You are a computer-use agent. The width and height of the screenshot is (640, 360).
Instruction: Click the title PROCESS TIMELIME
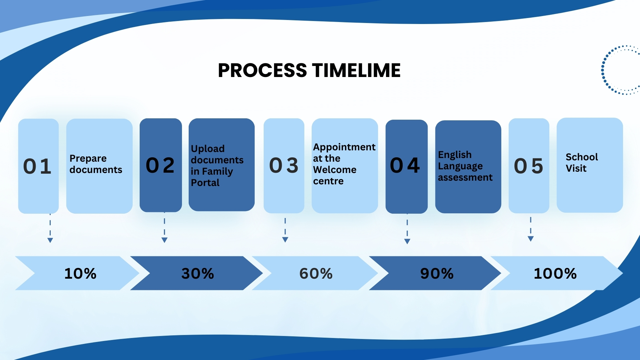[309, 70]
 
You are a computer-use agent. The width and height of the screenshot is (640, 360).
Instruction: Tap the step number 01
[37, 166]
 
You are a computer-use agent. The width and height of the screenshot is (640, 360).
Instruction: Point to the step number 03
[284, 165]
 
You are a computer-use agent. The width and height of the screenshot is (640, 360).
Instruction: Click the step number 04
[405, 165]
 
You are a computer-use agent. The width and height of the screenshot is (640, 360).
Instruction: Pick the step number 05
[529, 166]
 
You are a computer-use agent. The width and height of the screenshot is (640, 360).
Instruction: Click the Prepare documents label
[96, 164]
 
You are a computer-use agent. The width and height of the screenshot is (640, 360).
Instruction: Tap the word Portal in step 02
[205, 183]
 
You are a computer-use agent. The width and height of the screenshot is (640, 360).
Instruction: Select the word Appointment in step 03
[344, 147]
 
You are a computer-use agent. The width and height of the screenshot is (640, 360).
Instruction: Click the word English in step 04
[455, 155]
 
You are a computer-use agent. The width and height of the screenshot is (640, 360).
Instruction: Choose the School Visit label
[582, 163]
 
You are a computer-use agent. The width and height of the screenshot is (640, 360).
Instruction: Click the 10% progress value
[80, 273]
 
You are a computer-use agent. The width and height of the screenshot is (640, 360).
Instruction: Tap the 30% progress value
[198, 273]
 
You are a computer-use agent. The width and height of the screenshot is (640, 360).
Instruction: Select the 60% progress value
[316, 273]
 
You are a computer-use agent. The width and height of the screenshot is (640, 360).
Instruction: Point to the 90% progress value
[437, 273]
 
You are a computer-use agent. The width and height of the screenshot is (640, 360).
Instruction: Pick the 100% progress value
[555, 273]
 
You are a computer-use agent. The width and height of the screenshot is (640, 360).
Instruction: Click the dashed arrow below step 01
[50, 230]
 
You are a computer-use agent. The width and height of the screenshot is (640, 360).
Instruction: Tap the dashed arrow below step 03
[285, 230]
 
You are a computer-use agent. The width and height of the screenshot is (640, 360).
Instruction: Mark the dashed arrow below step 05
[531, 229]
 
